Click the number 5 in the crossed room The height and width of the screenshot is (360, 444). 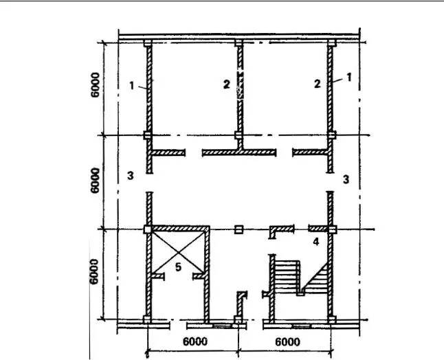coord(178,267)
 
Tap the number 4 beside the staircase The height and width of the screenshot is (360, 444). coord(315,241)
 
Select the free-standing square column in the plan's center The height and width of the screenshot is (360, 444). coord(238,229)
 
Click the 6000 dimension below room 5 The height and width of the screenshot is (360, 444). coord(195,341)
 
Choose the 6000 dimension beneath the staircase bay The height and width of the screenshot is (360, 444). coord(287,342)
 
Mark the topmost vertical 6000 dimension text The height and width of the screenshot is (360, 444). coord(96,85)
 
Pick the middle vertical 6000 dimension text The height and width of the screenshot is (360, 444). coord(96,181)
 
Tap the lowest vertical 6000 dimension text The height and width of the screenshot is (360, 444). coord(93,271)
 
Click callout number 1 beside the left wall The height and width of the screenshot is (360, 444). coord(132,85)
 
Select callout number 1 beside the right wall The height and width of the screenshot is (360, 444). coord(349,77)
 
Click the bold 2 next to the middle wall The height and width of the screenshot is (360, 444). coord(227,85)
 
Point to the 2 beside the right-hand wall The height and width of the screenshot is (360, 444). coord(317,84)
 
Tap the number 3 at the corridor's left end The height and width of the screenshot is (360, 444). coord(131,175)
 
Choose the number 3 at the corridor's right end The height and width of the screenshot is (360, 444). coord(346,179)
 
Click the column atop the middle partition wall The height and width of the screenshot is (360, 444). coord(238,43)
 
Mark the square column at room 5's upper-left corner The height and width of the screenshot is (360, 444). coord(148,229)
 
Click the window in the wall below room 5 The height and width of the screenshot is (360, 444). coord(222,326)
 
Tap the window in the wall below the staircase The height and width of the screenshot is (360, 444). coord(302,326)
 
